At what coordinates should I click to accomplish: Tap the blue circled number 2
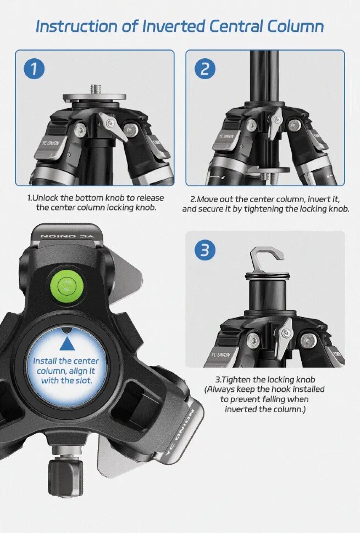[205, 69]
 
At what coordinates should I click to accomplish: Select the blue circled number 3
[205, 250]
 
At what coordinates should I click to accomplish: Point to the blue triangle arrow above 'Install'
[67, 343]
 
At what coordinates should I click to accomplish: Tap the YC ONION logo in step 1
[50, 143]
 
